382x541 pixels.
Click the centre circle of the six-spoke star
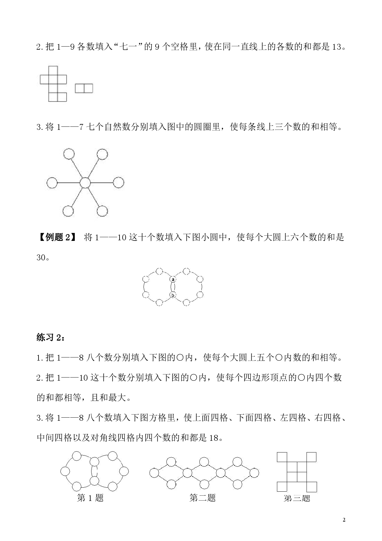(85, 183)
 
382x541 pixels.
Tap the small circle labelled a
(173, 279)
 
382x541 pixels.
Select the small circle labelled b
(173, 295)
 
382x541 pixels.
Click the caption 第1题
(90, 498)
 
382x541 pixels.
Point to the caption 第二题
(202, 498)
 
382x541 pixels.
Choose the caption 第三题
(297, 498)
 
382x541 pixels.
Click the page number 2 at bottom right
(344, 520)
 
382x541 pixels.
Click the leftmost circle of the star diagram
(52, 183)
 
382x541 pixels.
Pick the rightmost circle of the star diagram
(118, 183)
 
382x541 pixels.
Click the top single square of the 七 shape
(53, 70)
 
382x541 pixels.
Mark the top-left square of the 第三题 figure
(282, 457)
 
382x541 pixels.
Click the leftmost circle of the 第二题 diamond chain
(154, 473)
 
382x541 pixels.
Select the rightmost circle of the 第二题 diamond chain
(254, 473)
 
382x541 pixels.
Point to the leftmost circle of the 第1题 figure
(65, 471)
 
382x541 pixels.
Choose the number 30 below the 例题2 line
(41, 258)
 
